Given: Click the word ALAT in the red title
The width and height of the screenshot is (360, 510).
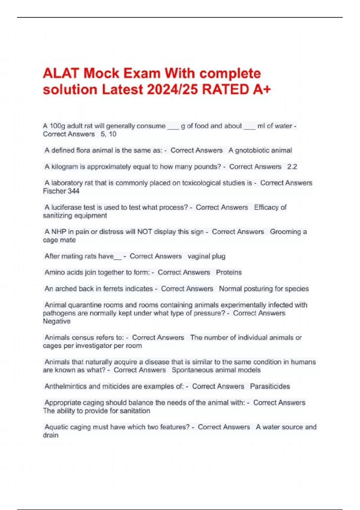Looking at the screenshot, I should pos(61,73).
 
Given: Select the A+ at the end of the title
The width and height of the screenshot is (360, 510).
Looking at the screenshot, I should pos(262,89).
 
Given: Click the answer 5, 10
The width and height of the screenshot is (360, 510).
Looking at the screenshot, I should pos(109,134).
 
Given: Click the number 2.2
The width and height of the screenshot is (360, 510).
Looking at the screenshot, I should pos(292,166).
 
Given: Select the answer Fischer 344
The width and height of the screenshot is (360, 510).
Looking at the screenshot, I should pos(61,191).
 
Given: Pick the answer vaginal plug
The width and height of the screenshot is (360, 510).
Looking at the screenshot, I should pos(206,256).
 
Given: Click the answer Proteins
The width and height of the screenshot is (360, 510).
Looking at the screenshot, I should pos(229,272).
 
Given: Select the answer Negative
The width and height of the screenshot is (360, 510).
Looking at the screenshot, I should pos(57,321).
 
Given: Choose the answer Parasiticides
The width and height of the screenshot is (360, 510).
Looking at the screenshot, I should pos(270,386).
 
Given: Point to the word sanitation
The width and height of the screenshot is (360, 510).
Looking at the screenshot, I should pos(135,411).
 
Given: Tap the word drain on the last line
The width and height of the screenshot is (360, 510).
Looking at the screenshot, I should pos(51,435).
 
